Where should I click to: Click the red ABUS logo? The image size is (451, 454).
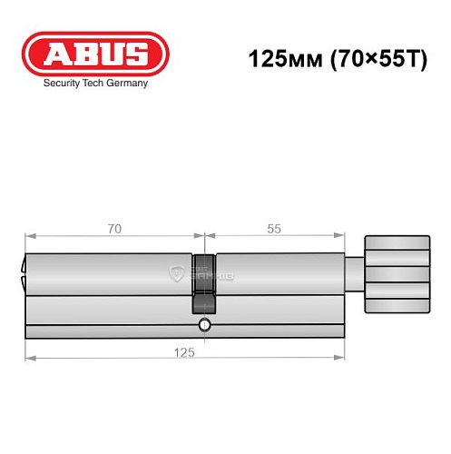[95, 54]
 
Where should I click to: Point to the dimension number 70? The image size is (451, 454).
[113, 228]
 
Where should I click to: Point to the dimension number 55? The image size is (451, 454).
[275, 228]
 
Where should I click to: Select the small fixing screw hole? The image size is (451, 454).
[205, 324]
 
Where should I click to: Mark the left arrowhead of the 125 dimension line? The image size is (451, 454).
[28, 358]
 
